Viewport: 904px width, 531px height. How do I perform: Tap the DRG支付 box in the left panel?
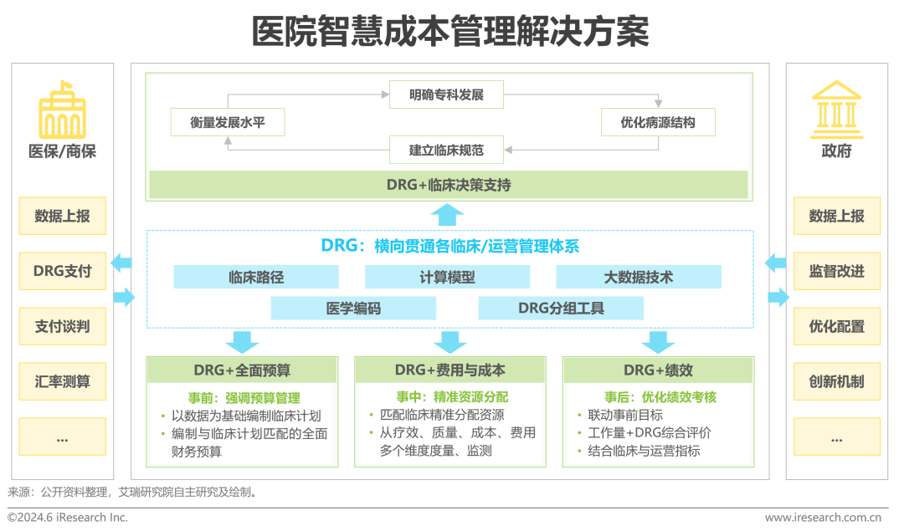(x=63, y=271)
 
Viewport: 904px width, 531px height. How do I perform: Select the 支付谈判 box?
(x=63, y=326)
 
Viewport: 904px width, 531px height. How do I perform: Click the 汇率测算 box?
(x=63, y=381)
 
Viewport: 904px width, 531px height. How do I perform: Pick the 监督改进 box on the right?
(x=836, y=271)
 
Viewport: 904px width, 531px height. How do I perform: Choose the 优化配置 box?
(x=836, y=326)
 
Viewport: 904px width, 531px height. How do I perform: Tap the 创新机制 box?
(x=836, y=381)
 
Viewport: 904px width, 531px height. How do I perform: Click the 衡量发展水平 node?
(x=227, y=122)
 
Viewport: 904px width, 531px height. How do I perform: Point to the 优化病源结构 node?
(x=658, y=122)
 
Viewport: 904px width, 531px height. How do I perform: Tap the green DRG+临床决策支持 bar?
(x=449, y=186)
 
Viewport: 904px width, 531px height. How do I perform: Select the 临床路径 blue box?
(x=256, y=277)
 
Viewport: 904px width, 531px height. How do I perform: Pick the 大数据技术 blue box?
(x=638, y=277)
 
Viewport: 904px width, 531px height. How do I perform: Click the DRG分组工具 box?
(x=561, y=308)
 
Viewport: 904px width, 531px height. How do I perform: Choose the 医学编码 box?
(x=353, y=308)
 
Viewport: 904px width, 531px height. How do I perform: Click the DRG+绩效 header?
(x=658, y=370)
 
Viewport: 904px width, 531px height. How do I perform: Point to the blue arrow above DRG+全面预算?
(x=243, y=341)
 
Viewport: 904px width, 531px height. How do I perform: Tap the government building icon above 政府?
(x=836, y=109)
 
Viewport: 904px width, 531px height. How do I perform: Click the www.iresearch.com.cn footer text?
(x=823, y=518)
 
